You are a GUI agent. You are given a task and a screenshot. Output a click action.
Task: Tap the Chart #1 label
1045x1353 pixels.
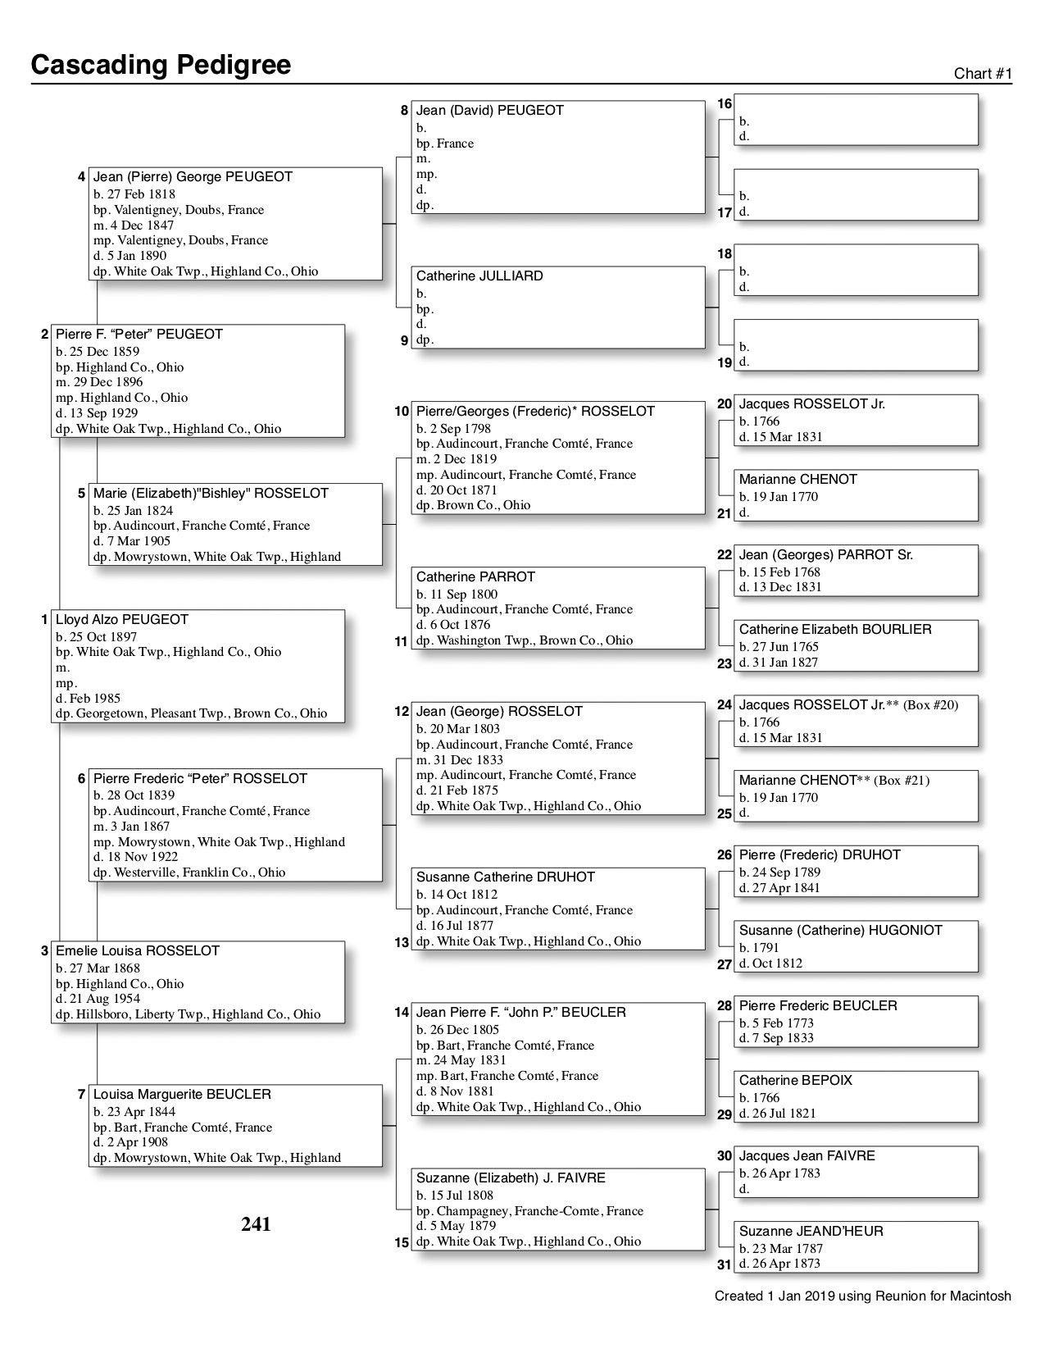pyautogui.click(x=983, y=74)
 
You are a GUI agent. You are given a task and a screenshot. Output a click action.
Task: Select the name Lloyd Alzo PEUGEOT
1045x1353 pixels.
pyautogui.click(x=122, y=620)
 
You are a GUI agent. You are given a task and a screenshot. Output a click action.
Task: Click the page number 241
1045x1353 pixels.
pyautogui.click(x=256, y=1224)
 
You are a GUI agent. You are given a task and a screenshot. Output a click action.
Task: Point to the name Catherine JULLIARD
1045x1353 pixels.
pyautogui.click(x=479, y=276)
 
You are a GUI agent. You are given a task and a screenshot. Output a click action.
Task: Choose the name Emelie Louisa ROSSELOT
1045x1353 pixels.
pyautogui.click(x=138, y=951)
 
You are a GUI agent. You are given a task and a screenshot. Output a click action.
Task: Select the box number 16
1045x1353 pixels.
pyautogui.click(x=725, y=104)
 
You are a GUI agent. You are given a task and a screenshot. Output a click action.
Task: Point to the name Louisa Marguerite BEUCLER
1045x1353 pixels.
pyautogui.click(x=182, y=1095)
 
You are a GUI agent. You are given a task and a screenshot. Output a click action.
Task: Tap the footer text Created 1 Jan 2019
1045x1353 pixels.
pyautogui.click(x=862, y=1296)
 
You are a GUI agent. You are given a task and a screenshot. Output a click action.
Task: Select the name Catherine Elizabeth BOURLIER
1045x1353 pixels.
pyautogui.click(x=835, y=630)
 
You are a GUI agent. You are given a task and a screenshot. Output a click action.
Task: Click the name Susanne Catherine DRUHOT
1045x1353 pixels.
pyautogui.click(x=506, y=877)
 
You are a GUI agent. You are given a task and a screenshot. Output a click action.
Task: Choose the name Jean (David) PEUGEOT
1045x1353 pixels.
pyautogui.click(x=490, y=111)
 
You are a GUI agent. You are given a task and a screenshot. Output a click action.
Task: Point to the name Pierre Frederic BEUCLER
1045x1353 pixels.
pyautogui.click(x=818, y=1006)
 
